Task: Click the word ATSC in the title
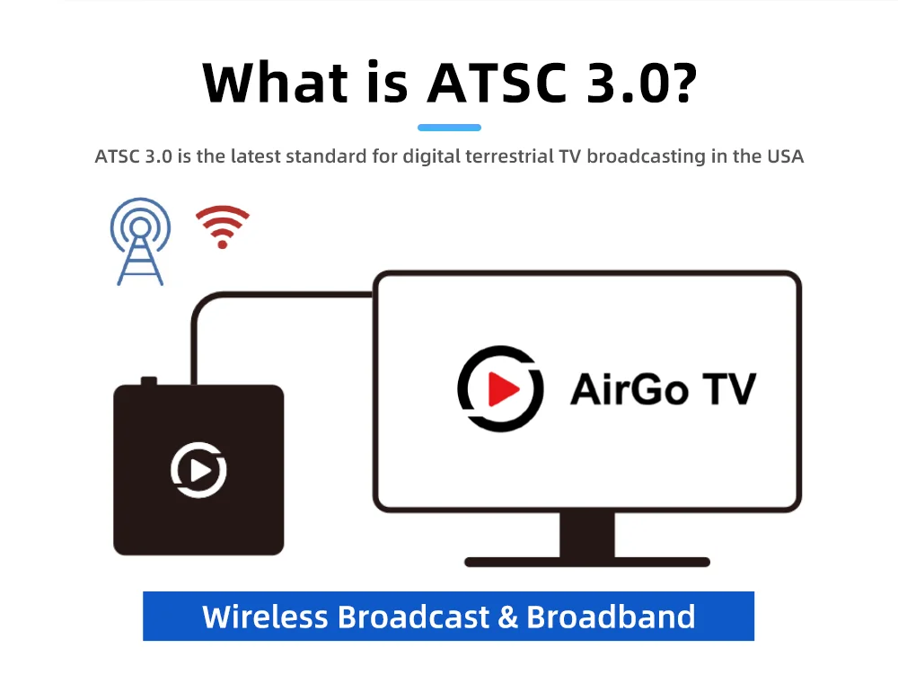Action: pyautogui.click(x=487, y=83)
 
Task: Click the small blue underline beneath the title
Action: pyautogui.click(x=449, y=128)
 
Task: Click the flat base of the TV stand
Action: pyautogui.click(x=587, y=563)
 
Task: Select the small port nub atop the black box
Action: pyautogui.click(x=149, y=382)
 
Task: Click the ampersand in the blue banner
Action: pyautogui.click(x=507, y=617)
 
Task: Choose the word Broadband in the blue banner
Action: pyautogui.click(x=611, y=617)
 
